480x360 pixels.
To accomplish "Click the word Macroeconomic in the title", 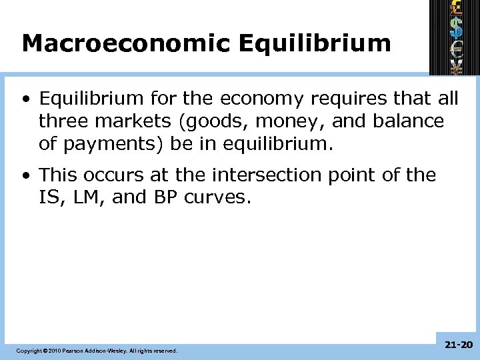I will tap(125, 43).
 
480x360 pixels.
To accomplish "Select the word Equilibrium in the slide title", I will tap(314, 43).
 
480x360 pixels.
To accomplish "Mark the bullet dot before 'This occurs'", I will tap(25, 175).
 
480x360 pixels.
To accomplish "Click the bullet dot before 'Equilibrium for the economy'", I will tap(25, 99).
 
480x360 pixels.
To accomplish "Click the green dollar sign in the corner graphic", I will tap(456, 27).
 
